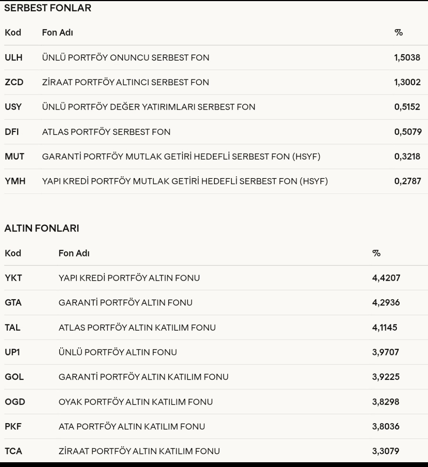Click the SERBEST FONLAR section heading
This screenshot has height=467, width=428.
point(48,8)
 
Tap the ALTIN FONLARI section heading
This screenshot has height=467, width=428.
point(42,229)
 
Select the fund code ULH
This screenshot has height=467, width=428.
point(14,58)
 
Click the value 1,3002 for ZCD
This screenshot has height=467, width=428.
point(407,82)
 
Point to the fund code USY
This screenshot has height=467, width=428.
point(13,107)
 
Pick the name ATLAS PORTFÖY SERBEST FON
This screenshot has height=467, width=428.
point(106,132)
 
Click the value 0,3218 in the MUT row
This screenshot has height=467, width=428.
point(407,157)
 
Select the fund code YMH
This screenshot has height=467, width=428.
point(15,181)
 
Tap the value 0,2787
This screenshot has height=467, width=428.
point(408,181)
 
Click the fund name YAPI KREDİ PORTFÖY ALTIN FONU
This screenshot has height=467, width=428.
point(129,278)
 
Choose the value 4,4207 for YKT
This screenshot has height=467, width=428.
point(386,278)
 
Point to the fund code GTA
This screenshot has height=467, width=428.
point(13,303)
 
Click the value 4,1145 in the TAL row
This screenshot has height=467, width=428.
point(384,327)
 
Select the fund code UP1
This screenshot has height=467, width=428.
point(12,352)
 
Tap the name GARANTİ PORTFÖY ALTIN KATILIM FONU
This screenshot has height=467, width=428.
point(143,377)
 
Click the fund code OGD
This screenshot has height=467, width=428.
point(15,402)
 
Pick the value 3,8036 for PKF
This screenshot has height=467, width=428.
point(386,426)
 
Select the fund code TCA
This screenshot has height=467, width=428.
point(14,451)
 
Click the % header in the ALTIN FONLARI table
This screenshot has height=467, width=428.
point(376,253)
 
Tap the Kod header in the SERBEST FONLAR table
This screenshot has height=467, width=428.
point(13,33)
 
